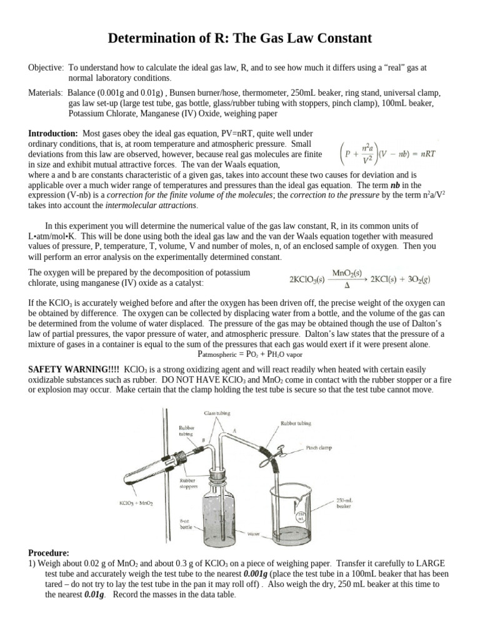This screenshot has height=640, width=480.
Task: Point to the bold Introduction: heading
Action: [x=54, y=134]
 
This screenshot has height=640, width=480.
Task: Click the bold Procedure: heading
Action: [x=50, y=553]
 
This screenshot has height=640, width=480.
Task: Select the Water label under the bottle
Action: [x=254, y=535]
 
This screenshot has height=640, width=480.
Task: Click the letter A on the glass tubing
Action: [x=234, y=431]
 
